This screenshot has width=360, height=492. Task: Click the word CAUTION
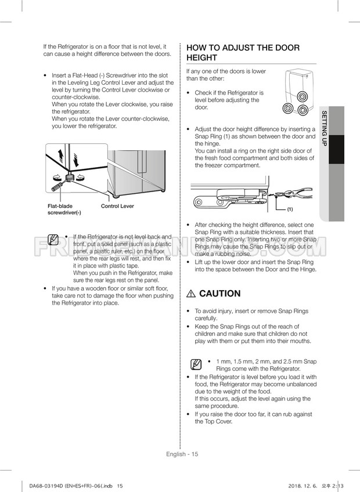point(219,294)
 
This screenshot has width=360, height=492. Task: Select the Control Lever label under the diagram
point(117,206)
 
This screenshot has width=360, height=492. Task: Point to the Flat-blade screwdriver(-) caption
point(64,209)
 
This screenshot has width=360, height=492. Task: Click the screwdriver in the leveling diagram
point(57,185)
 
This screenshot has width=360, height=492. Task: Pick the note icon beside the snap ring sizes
point(197,364)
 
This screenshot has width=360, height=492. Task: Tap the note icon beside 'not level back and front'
point(54,240)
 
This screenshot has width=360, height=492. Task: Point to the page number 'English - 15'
point(181,454)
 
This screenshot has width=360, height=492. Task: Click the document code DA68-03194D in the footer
point(47,486)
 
